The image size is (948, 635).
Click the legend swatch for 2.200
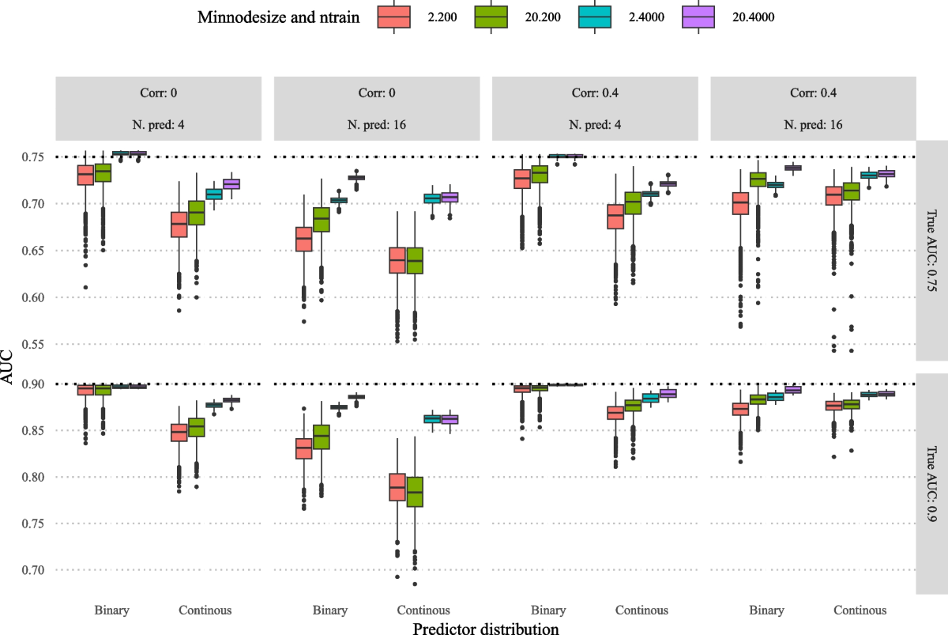pos(393,17)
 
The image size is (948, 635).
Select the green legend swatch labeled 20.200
pos(491,17)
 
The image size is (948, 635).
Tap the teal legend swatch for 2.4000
pos(595,17)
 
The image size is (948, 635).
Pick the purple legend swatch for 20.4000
pos(698,17)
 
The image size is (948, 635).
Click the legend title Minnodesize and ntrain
pos(278,17)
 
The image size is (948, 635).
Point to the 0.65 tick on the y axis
pos(33,251)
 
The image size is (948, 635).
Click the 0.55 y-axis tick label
pos(33,345)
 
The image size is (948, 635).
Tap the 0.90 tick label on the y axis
pos(33,384)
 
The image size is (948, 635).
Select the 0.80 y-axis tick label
pos(33,477)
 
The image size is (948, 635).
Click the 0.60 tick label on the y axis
pos(33,297)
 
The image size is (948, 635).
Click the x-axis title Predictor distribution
pos(486,628)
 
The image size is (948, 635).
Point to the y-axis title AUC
pos(7,367)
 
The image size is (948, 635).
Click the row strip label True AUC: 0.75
pos(931,251)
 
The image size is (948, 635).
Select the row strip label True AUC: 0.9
pos(931,484)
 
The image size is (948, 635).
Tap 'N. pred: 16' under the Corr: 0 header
pos(377,125)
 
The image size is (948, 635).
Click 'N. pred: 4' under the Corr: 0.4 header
pos(595,125)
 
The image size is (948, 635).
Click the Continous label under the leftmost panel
pos(205,610)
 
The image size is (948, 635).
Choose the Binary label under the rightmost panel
pos(767,610)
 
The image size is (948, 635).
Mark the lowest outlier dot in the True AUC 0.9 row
pos(415,584)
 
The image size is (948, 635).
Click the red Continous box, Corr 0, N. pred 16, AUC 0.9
pos(397,487)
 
